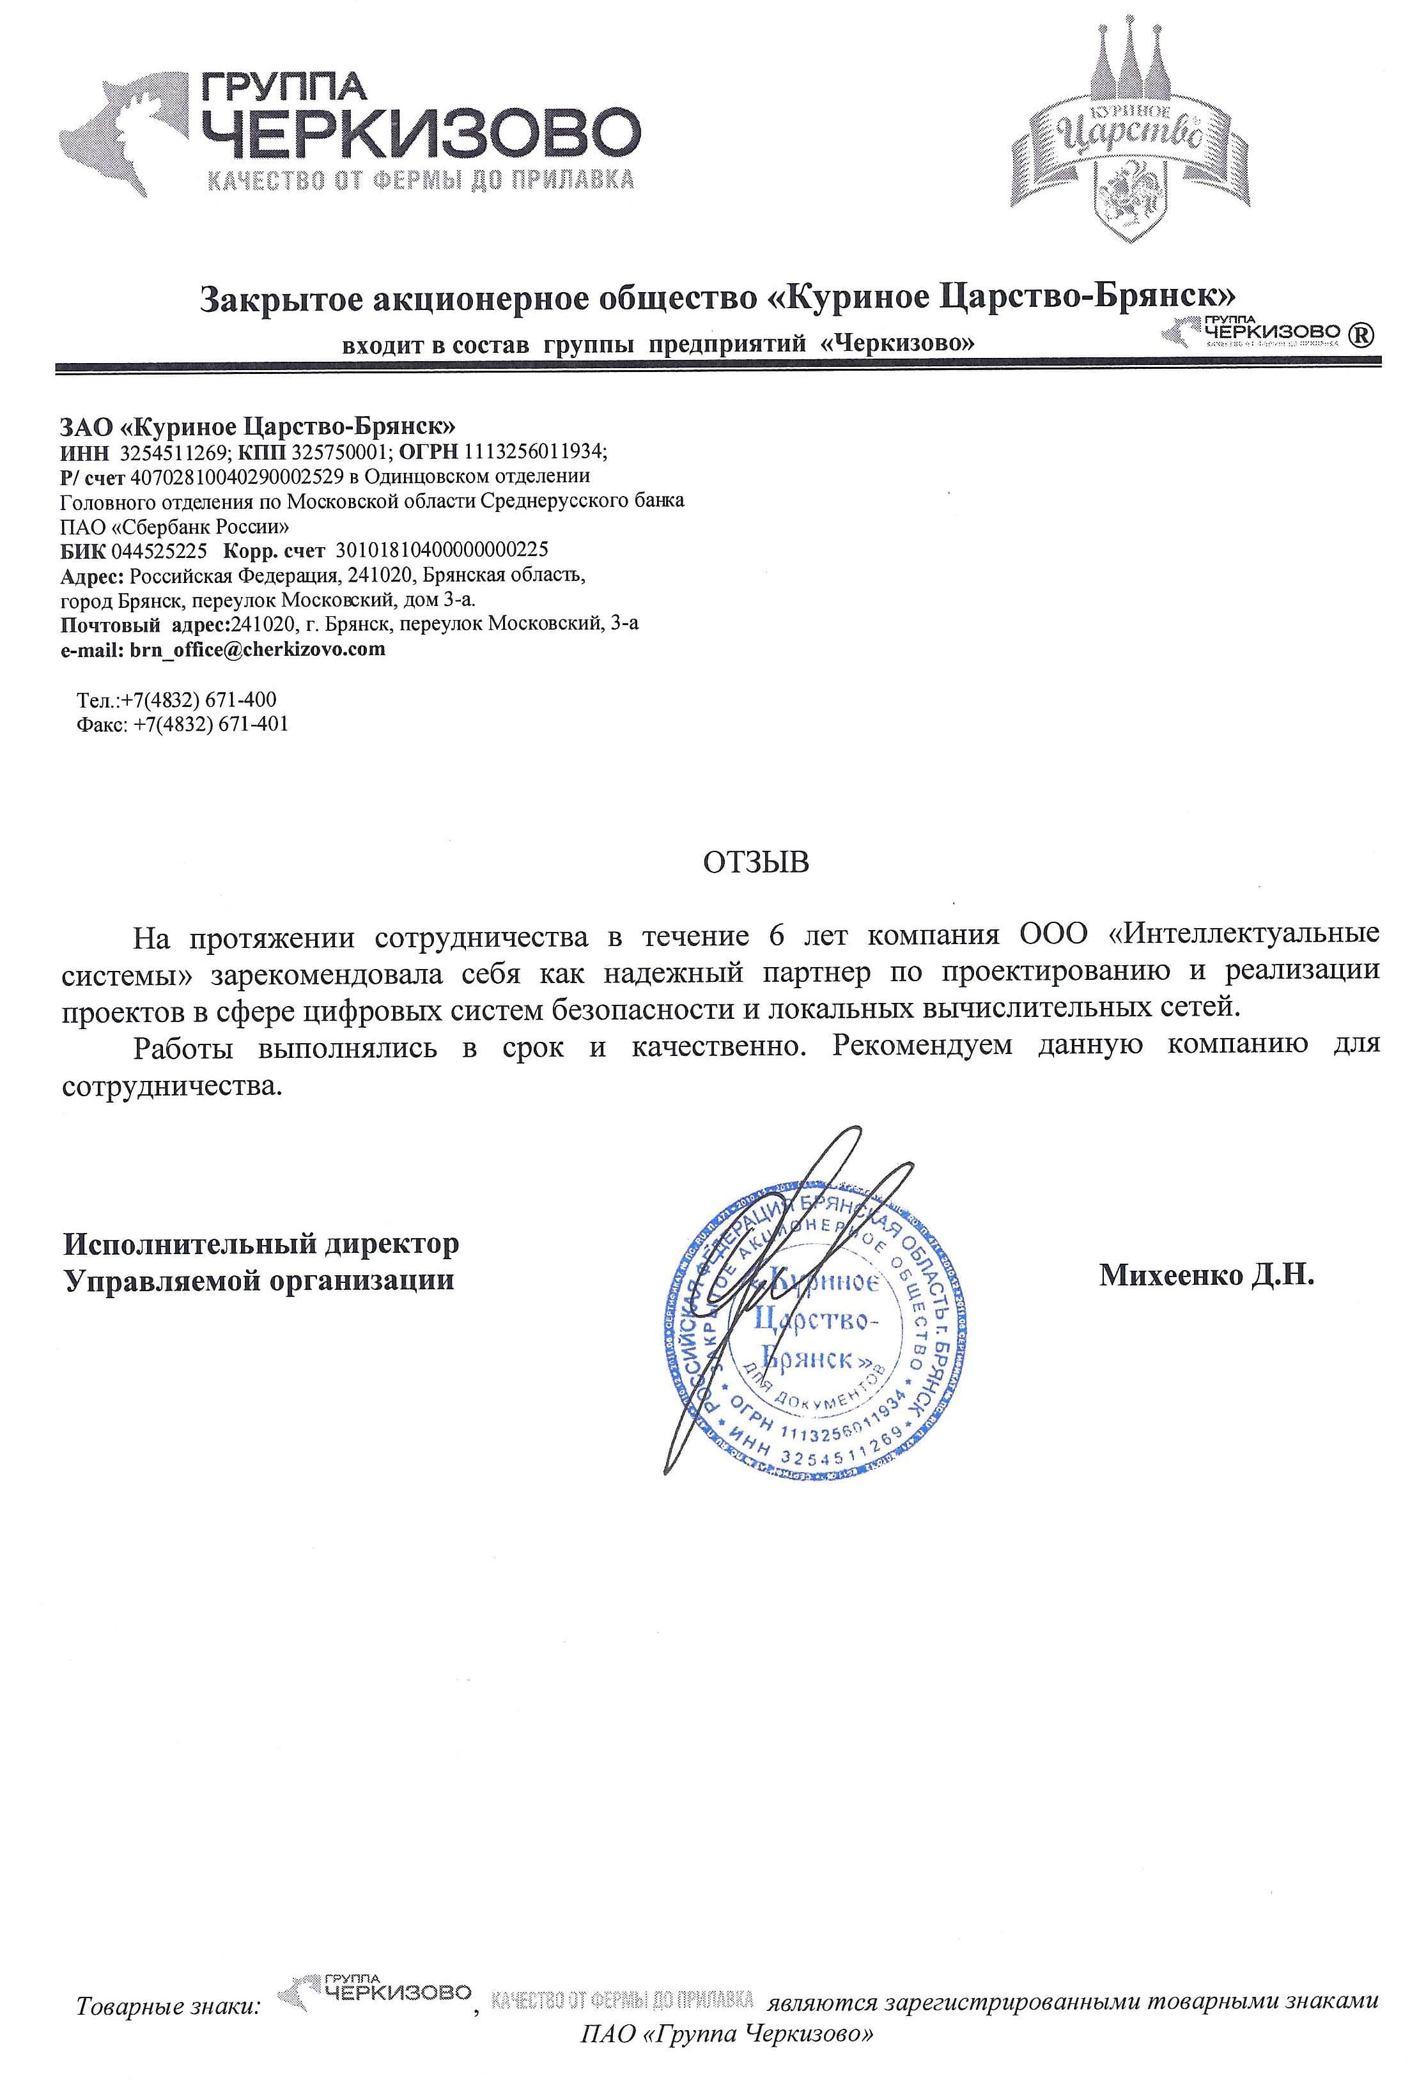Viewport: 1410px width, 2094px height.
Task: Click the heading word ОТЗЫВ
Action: point(755,862)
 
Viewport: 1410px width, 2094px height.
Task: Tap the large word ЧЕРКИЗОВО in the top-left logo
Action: point(420,132)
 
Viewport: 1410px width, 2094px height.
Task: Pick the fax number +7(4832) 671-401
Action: point(210,723)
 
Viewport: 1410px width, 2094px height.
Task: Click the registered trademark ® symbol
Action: point(1361,334)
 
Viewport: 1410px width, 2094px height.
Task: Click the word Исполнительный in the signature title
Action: point(189,1245)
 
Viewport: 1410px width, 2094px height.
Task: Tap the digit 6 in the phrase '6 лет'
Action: point(776,935)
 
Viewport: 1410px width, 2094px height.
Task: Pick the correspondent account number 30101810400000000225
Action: point(440,549)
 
